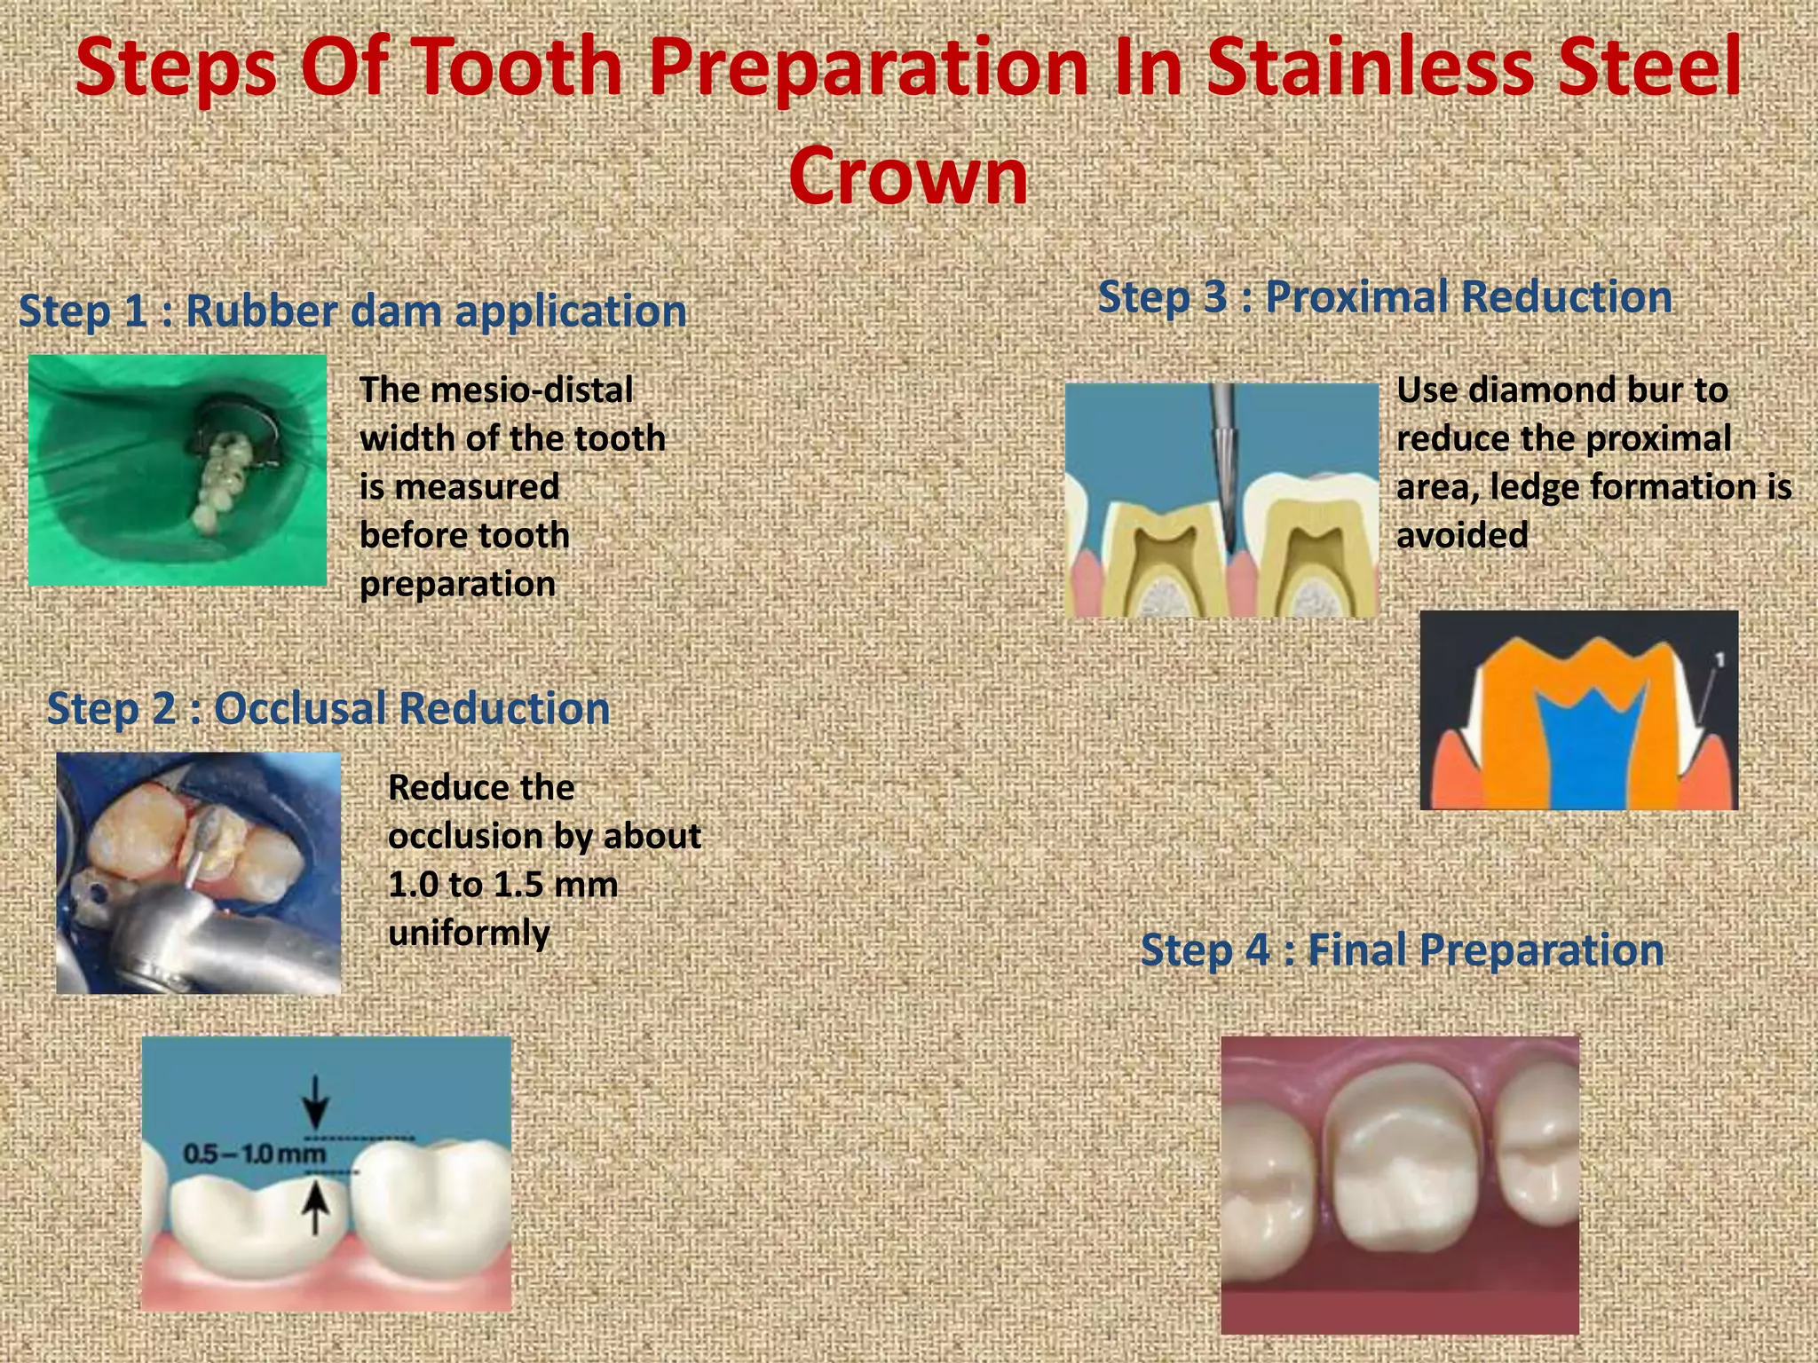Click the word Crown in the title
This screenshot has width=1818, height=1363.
tap(907, 176)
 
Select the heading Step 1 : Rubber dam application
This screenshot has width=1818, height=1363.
tap(352, 311)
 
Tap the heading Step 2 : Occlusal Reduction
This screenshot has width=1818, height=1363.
tap(328, 708)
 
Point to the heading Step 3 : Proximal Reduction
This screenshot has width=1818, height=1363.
tap(1385, 296)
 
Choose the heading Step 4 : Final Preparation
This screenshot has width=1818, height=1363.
tap(1402, 949)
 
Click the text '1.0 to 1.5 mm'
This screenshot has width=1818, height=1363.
tap(502, 885)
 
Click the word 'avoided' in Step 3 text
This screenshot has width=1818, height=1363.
tap(1462, 536)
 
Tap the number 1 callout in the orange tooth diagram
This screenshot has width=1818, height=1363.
tap(1719, 659)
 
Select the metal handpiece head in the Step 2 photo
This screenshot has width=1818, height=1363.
tap(169, 932)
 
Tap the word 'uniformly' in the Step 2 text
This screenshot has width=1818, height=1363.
tap(469, 934)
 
